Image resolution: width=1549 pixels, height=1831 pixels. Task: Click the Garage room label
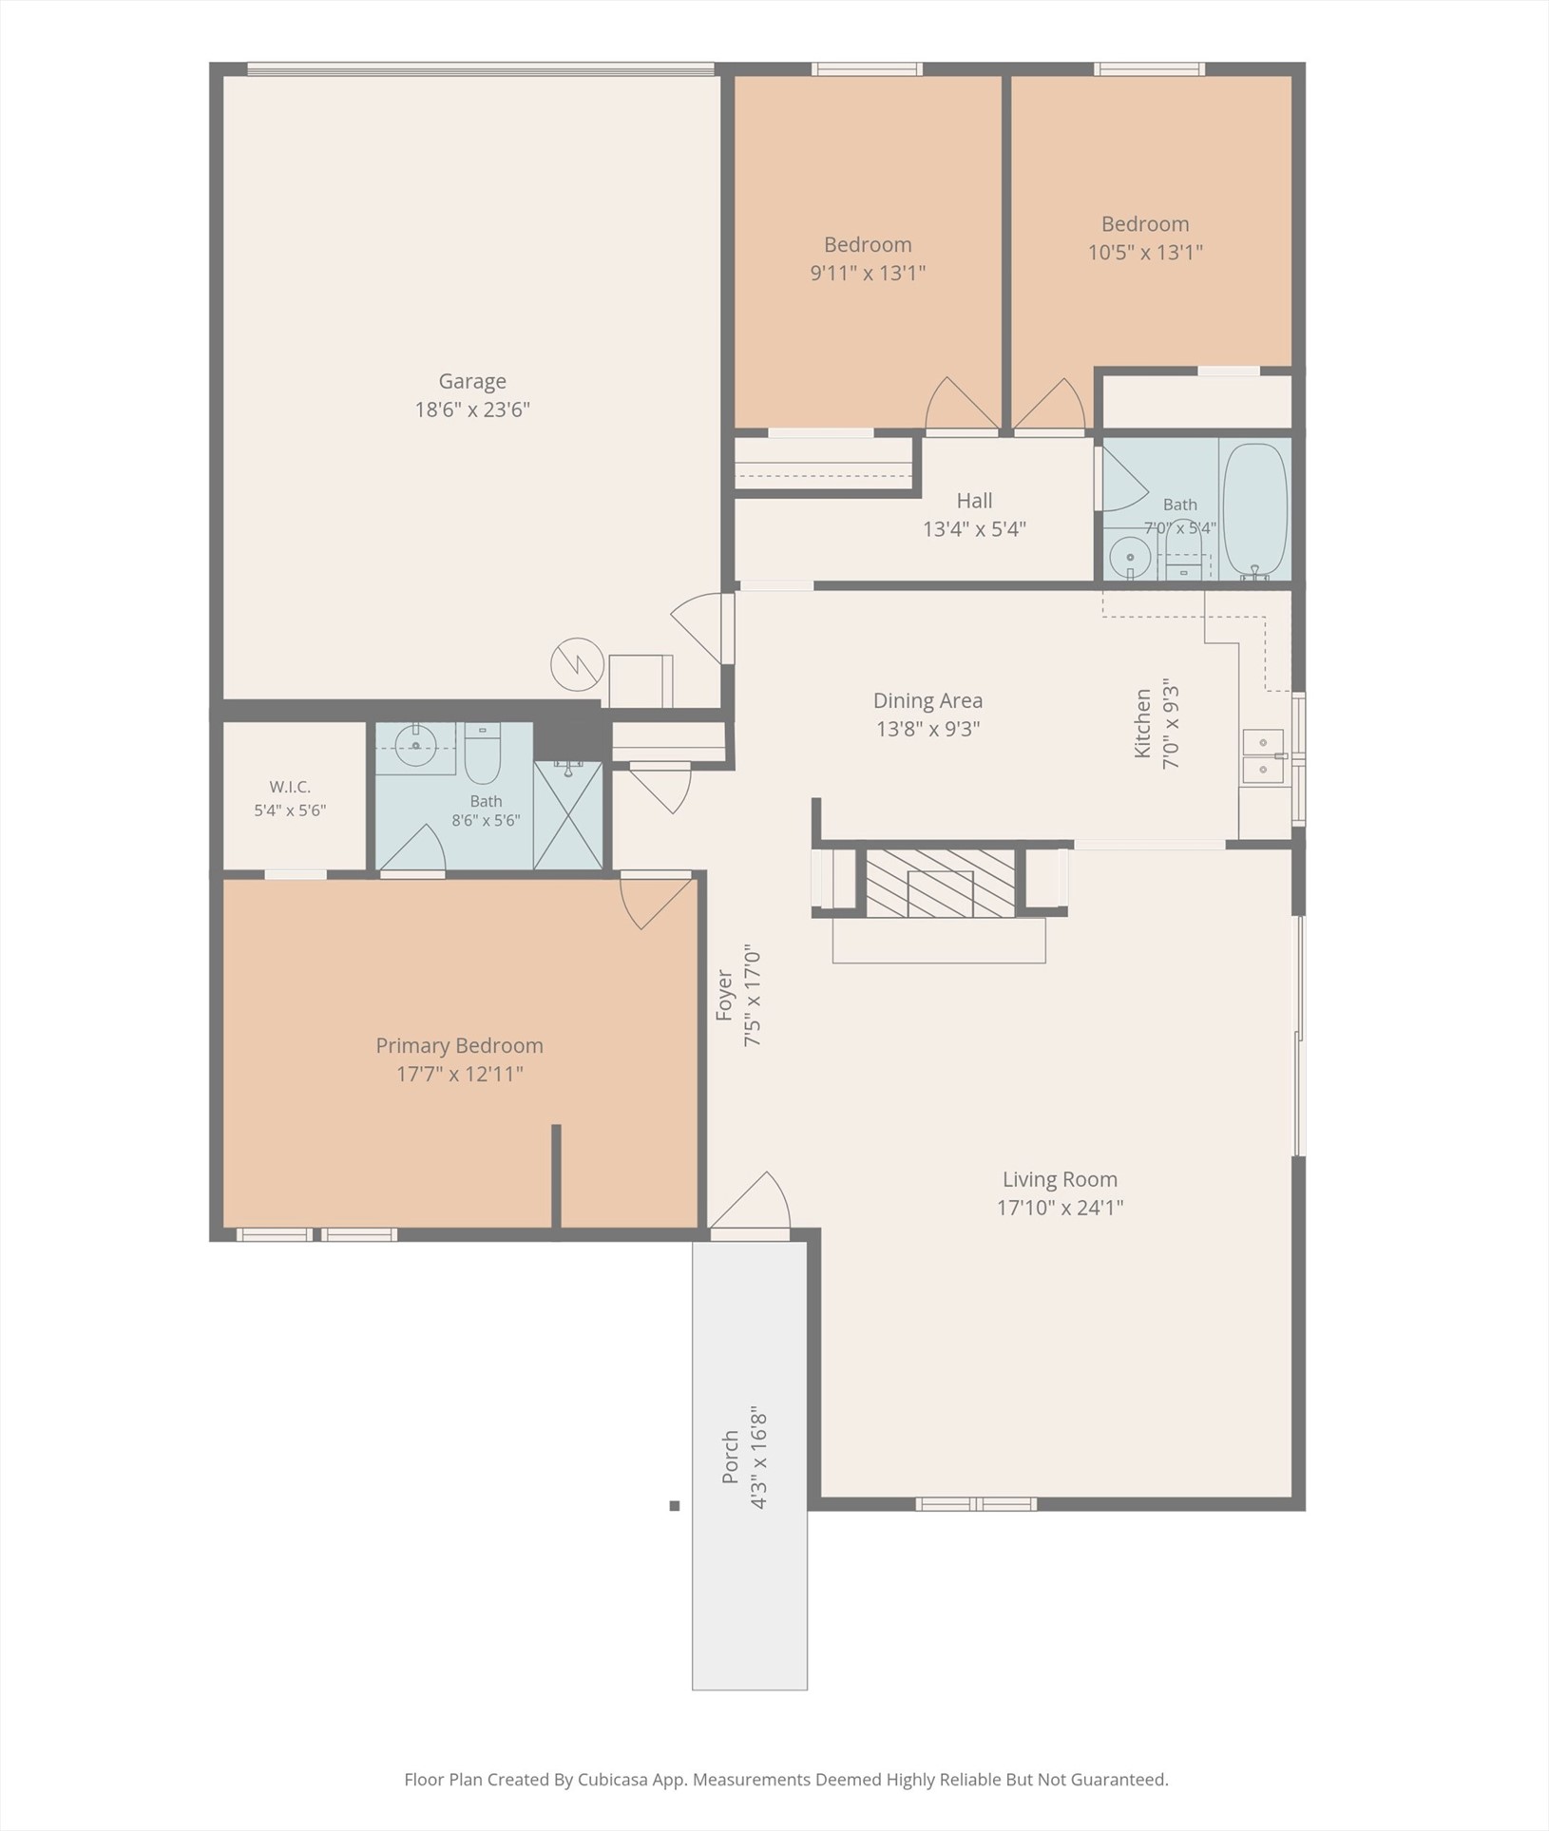pyautogui.click(x=472, y=382)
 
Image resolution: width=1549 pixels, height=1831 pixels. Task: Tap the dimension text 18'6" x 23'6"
pyautogui.click(x=472, y=410)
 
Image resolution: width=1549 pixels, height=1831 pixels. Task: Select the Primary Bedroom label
pyautogui.click(x=460, y=1045)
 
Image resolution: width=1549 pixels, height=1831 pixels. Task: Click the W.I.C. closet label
pyautogui.click(x=290, y=787)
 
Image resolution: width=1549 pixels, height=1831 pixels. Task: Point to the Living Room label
pyautogui.click(x=1061, y=1179)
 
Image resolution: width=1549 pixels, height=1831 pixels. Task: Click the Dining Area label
pyautogui.click(x=928, y=700)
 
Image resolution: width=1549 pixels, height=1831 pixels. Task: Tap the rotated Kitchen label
pyautogui.click(x=1142, y=724)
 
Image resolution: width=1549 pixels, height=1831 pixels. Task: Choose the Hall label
pyautogui.click(x=975, y=501)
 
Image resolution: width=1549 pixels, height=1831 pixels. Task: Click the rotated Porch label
pyautogui.click(x=730, y=1457)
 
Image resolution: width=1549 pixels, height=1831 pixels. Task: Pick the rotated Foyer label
pyautogui.click(x=725, y=995)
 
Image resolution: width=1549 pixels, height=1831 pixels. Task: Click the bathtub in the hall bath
pyautogui.click(x=1254, y=511)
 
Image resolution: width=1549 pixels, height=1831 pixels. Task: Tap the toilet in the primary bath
pyautogui.click(x=483, y=753)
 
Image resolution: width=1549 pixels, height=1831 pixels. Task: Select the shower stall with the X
pyautogui.click(x=568, y=815)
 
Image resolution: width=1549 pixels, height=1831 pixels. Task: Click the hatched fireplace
pyautogui.click(x=940, y=883)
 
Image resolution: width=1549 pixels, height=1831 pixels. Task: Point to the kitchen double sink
pyautogui.click(x=1264, y=756)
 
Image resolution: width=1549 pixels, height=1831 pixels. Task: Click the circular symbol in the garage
pyautogui.click(x=578, y=664)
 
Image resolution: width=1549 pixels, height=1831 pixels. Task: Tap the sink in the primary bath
pyautogui.click(x=415, y=747)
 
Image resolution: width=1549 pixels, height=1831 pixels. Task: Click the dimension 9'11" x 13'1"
pyautogui.click(x=868, y=273)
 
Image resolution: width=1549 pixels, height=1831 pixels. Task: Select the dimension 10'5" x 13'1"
pyautogui.click(x=1145, y=252)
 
